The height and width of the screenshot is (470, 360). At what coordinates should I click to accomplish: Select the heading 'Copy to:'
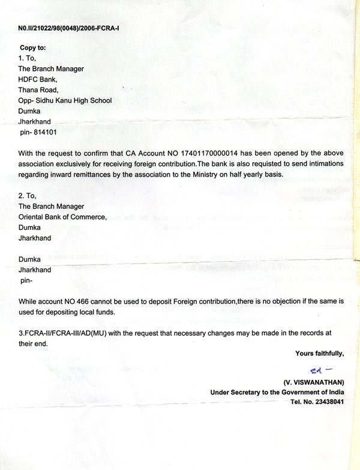pos(33,47)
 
